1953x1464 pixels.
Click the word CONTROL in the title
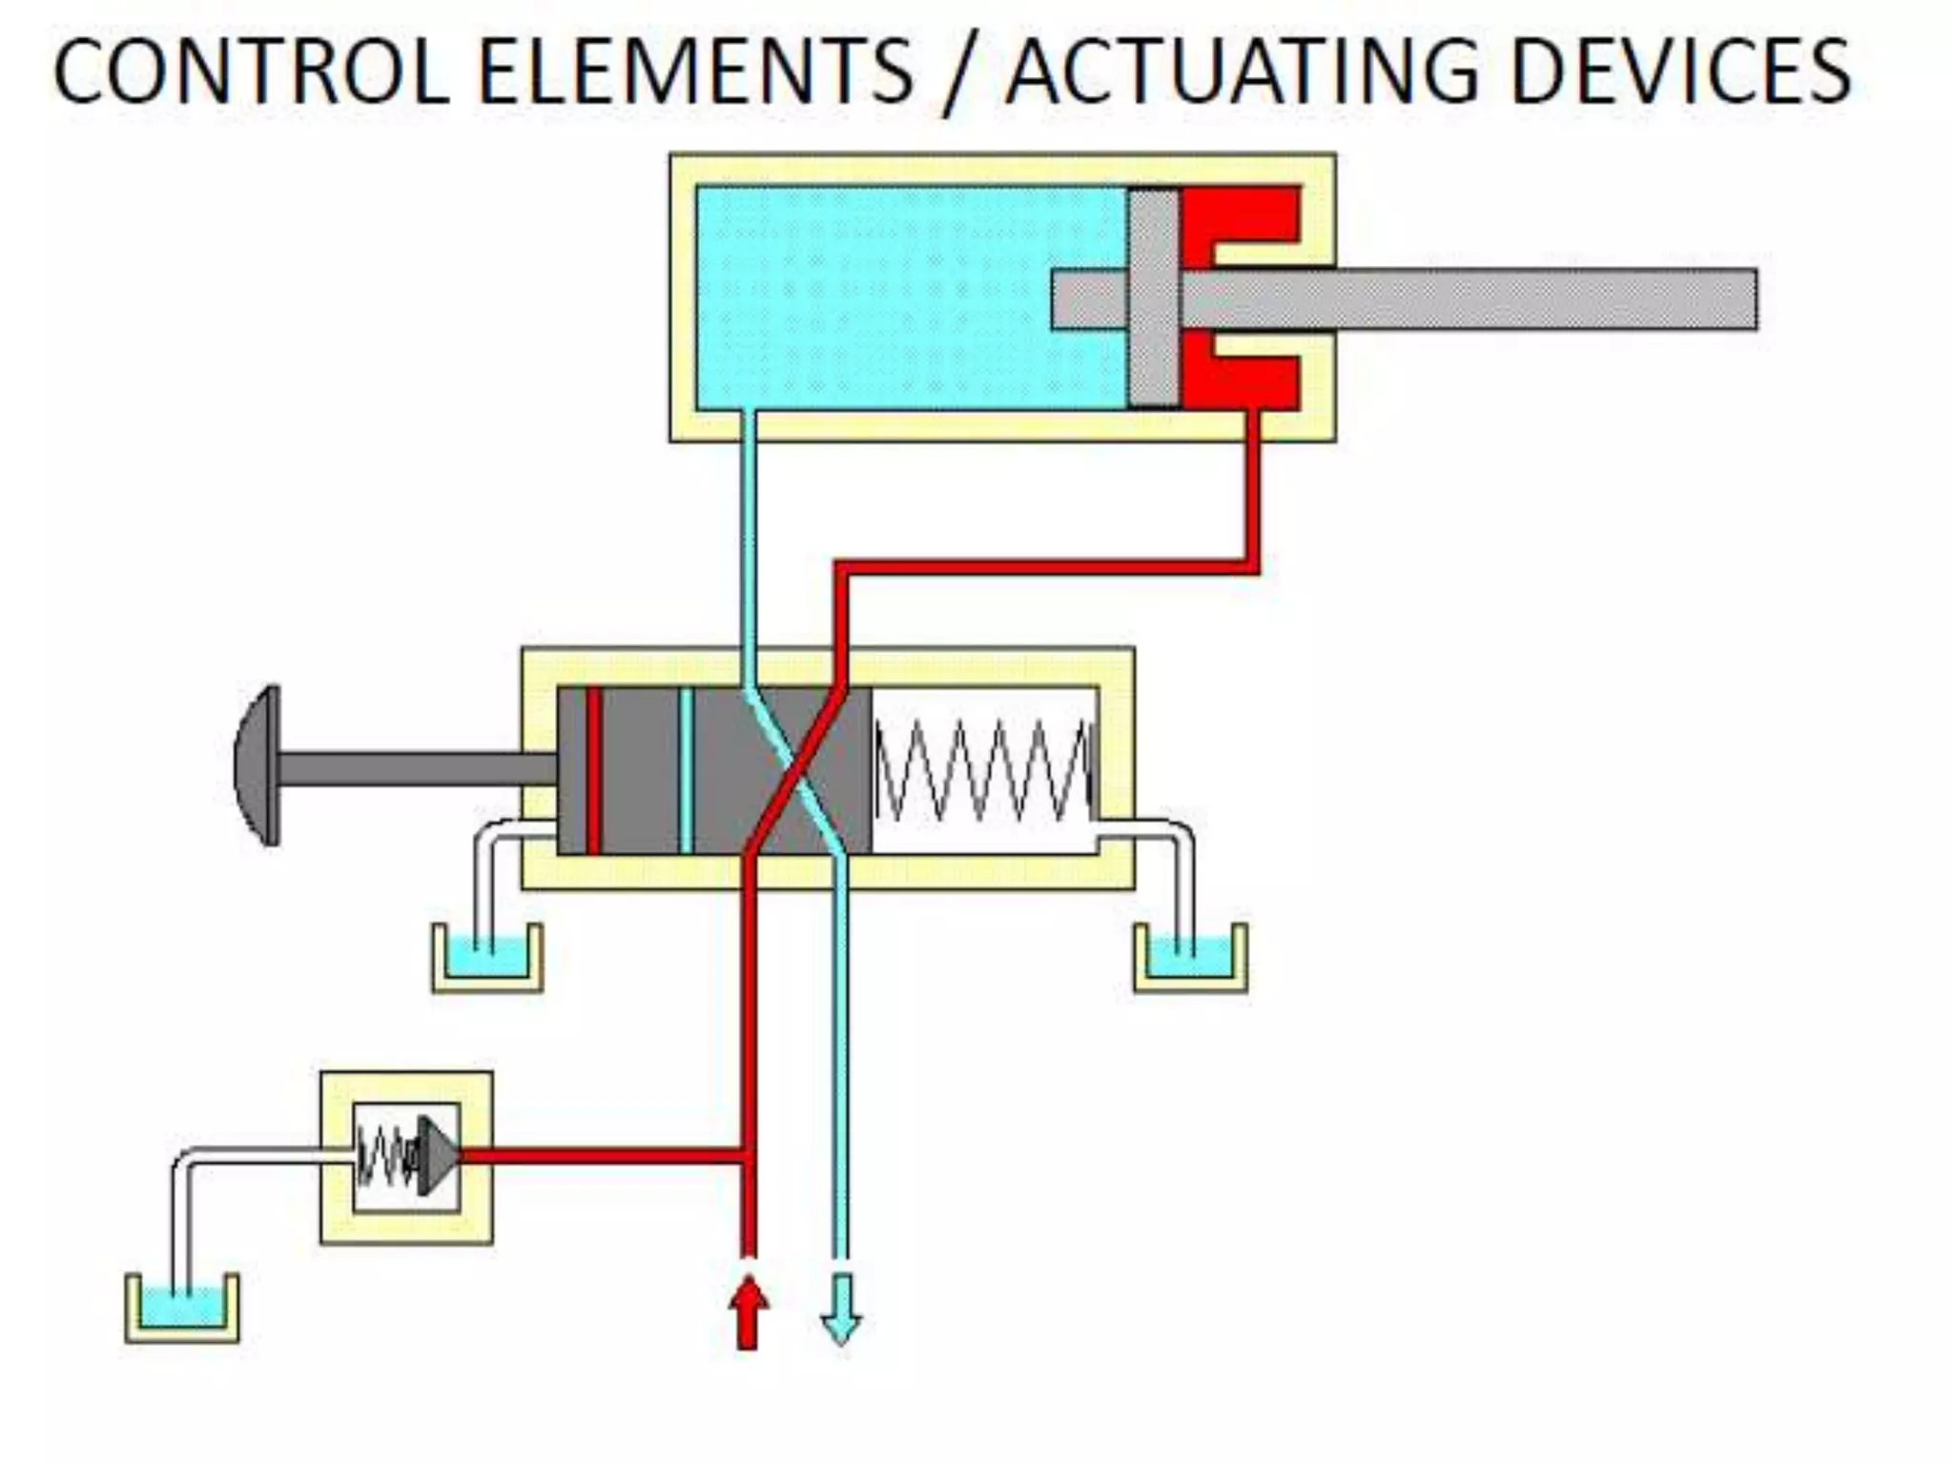250,72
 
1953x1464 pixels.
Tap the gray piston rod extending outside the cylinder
1526,299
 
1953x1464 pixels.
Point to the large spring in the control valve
982,770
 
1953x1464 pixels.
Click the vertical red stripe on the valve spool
594,770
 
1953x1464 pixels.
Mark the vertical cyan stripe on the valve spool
686,770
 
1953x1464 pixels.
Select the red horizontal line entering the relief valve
601,1157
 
